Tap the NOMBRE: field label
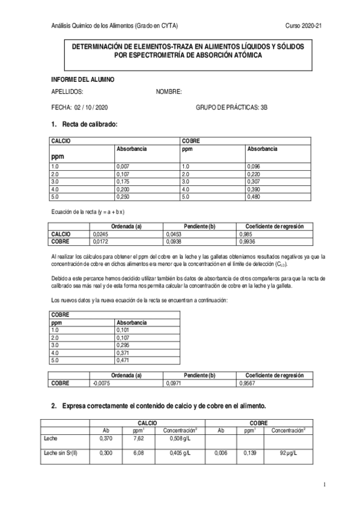pos(169,92)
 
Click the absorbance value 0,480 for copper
pos(255,197)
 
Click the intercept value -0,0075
pos(101,382)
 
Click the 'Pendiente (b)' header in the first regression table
pos(197,226)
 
